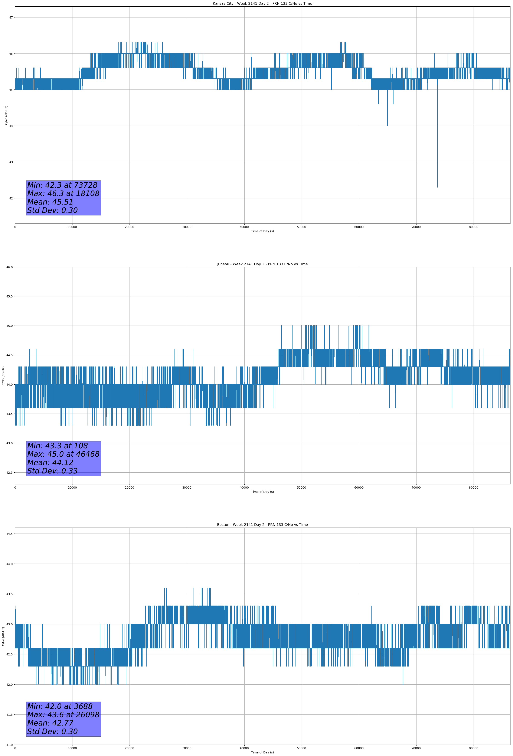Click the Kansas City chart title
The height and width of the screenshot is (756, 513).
(x=262, y=4)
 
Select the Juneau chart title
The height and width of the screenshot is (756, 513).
(x=262, y=264)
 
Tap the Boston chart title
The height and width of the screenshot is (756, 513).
(x=262, y=525)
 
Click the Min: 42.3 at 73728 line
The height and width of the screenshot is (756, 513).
(x=62, y=185)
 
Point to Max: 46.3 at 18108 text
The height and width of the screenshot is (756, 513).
(x=63, y=193)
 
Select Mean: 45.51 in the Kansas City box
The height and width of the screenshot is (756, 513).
(x=50, y=202)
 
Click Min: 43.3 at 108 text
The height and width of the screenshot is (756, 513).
(x=57, y=446)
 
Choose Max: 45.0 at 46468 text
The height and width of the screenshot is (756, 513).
(x=63, y=454)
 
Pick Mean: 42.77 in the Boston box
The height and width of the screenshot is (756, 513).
(x=50, y=723)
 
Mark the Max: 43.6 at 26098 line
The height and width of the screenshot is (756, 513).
(x=63, y=715)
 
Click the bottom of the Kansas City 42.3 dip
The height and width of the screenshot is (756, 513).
(x=438, y=186)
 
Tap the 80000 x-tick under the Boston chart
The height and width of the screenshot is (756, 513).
(x=473, y=748)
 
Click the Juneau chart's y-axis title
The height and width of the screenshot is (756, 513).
(x=3, y=376)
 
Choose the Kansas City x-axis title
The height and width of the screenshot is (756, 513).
(x=262, y=231)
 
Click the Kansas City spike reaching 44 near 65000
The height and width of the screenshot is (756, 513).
(x=387, y=125)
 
